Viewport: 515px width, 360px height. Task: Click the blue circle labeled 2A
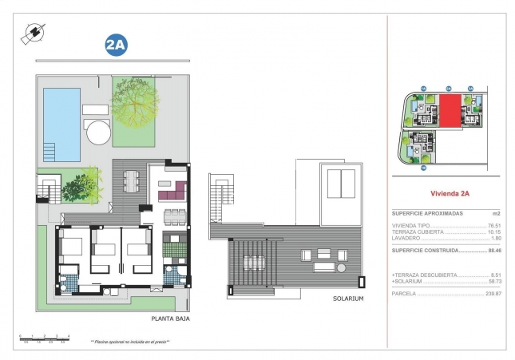[x=117, y=45]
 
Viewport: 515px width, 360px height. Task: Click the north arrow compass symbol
[x=34, y=33]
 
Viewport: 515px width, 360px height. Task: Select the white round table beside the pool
[x=98, y=132]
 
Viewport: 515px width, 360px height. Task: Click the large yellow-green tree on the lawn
[x=141, y=110]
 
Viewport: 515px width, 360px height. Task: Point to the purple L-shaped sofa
[x=172, y=192]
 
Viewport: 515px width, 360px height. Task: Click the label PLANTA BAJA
[x=170, y=318]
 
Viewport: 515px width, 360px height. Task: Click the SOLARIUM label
[x=347, y=299]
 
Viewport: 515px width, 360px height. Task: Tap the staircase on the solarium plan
[x=219, y=199]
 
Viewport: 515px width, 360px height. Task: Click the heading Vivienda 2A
[x=450, y=192]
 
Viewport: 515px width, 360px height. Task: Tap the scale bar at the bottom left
[x=46, y=338]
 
